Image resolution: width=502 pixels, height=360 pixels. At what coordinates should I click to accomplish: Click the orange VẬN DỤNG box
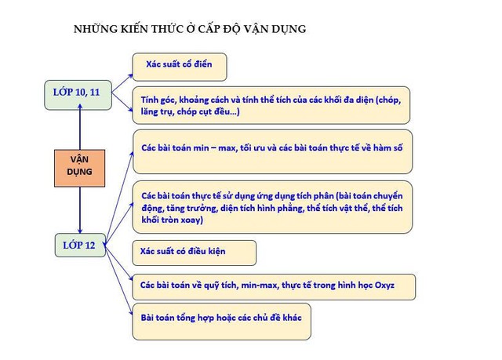click(x=80, y=168)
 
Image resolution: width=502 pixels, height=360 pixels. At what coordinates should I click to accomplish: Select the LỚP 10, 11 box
click(x=78, y=95)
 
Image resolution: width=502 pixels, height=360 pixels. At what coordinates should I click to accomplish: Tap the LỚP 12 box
click(x=80, y=245)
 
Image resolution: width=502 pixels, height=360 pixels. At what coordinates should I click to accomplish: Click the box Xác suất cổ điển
click(x=180, y=67)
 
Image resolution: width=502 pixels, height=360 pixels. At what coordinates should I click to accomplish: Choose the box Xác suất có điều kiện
click(x=195, y=253)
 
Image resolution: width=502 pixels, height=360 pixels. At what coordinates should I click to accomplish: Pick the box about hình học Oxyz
click(x=274, y=287)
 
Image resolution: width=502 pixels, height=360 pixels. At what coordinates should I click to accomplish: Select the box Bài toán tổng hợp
click(x=221, y=322)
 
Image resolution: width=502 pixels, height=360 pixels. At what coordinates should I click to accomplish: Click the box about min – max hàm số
click(x=272, y=151)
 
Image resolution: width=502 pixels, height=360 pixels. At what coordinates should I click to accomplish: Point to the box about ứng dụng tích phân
click(x=272, y=207)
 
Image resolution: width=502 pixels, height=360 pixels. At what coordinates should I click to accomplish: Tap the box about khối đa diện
click(x=271, y=105)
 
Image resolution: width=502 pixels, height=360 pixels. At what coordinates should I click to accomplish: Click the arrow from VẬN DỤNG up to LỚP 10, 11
click(x=80, y=127)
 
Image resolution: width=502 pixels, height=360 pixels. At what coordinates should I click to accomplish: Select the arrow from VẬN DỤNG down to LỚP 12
click(x=80, y=210)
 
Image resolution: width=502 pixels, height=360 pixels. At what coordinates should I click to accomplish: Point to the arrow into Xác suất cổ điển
click(x=122, y=83)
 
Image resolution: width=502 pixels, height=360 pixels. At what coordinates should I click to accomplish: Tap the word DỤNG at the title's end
click(x=289, y=29)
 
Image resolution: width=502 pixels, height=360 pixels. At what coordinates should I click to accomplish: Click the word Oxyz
click(x=384, y=285)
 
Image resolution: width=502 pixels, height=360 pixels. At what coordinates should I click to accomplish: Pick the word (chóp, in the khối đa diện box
click(x=388, y=100)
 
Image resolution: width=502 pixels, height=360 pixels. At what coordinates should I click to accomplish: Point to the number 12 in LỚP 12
click(x=90, y=245)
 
